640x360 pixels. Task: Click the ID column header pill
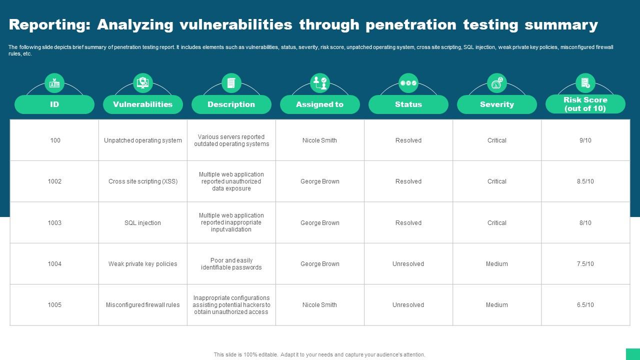coord(54,104)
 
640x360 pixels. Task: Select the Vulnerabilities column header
coord(143,104)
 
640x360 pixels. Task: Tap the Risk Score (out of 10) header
coord(585,104)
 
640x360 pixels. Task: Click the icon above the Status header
coord(408,83)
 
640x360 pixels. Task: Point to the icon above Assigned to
coord(320,83)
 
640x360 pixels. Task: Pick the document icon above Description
coord(231,83)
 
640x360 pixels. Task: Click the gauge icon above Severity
coord(497,83)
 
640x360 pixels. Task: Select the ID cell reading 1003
coord(54,223)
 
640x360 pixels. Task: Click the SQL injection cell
coord(142,223)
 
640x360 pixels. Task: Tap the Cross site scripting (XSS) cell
coord(143,181)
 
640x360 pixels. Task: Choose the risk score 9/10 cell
coord(585,140)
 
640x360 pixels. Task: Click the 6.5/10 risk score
coord(585,305)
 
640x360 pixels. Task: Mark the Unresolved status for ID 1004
coord(408,263)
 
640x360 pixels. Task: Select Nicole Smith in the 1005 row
coord(319,305)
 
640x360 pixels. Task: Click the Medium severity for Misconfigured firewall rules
coord(497,305)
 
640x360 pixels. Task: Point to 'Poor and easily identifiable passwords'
coord(231,263)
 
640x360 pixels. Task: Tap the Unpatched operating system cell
coord(143,140)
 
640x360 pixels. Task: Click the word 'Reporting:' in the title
coord(49,24)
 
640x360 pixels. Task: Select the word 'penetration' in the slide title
coord(411,25)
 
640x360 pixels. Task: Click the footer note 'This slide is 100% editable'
coord(246,354)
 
